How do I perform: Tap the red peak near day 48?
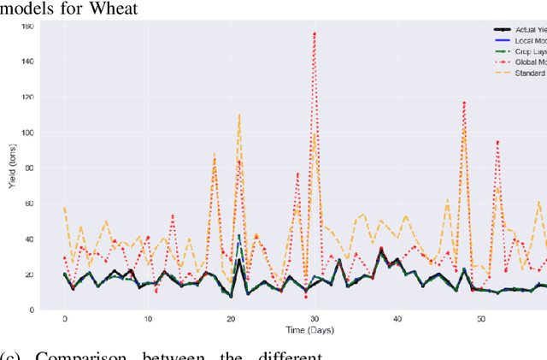pos(464,103)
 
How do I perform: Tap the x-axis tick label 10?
pos(147,319)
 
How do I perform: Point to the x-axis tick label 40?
pos(397,319)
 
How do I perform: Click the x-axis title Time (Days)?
pos(306,330)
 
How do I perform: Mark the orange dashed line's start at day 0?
pos(64,208)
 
